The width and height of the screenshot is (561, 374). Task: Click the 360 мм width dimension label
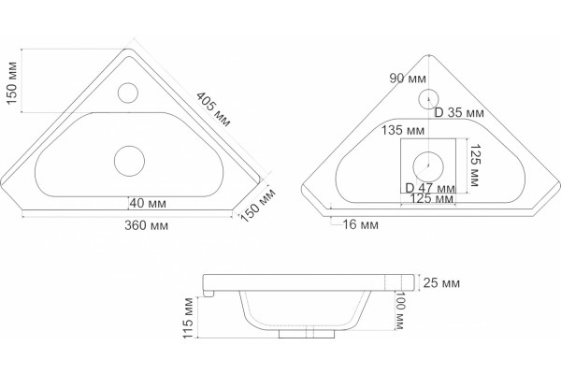point(147,225)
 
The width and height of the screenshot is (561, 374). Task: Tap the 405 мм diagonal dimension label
point(213,109)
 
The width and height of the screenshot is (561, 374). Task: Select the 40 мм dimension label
point(148,203)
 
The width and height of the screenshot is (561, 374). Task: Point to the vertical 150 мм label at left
point(12,83)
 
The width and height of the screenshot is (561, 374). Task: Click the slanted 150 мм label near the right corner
point(258,205)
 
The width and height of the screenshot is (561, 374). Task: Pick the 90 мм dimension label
point(408,78)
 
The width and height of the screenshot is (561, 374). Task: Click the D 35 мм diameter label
point(459,112)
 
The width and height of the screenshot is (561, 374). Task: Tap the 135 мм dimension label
point(403,130)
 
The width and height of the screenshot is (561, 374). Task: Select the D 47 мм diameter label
point(430,188)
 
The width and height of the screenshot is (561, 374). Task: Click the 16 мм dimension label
point(361,224)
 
